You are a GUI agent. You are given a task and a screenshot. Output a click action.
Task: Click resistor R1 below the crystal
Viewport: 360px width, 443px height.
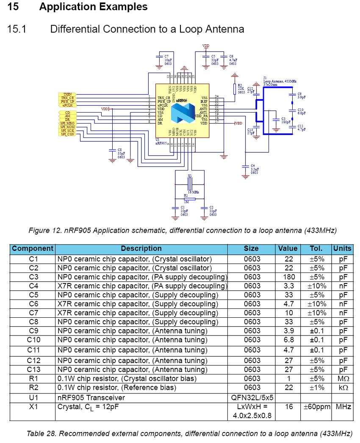pos(190,198)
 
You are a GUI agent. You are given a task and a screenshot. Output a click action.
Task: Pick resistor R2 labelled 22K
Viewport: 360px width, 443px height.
pos(234,89)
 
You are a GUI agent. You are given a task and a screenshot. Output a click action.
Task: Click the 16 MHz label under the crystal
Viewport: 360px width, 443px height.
pos(193,192)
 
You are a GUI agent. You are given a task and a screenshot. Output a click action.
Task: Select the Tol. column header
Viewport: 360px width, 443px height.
pos(316,248)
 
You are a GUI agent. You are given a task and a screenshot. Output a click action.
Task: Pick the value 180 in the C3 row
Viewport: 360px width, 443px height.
pos(288,277)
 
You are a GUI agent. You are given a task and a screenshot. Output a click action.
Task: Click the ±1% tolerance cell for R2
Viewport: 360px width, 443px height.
pos(316,387)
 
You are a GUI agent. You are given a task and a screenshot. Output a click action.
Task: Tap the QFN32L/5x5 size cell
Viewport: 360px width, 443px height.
pos(252,398)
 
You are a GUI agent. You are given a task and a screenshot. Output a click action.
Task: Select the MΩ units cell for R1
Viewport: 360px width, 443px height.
pos(343,378)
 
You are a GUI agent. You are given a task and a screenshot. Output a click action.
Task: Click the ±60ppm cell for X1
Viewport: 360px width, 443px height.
pos(316,407)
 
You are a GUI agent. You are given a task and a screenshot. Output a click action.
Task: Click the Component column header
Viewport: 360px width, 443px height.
pos(33,248)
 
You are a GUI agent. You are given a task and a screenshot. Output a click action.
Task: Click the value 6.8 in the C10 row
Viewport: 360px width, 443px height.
pos(288,340)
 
